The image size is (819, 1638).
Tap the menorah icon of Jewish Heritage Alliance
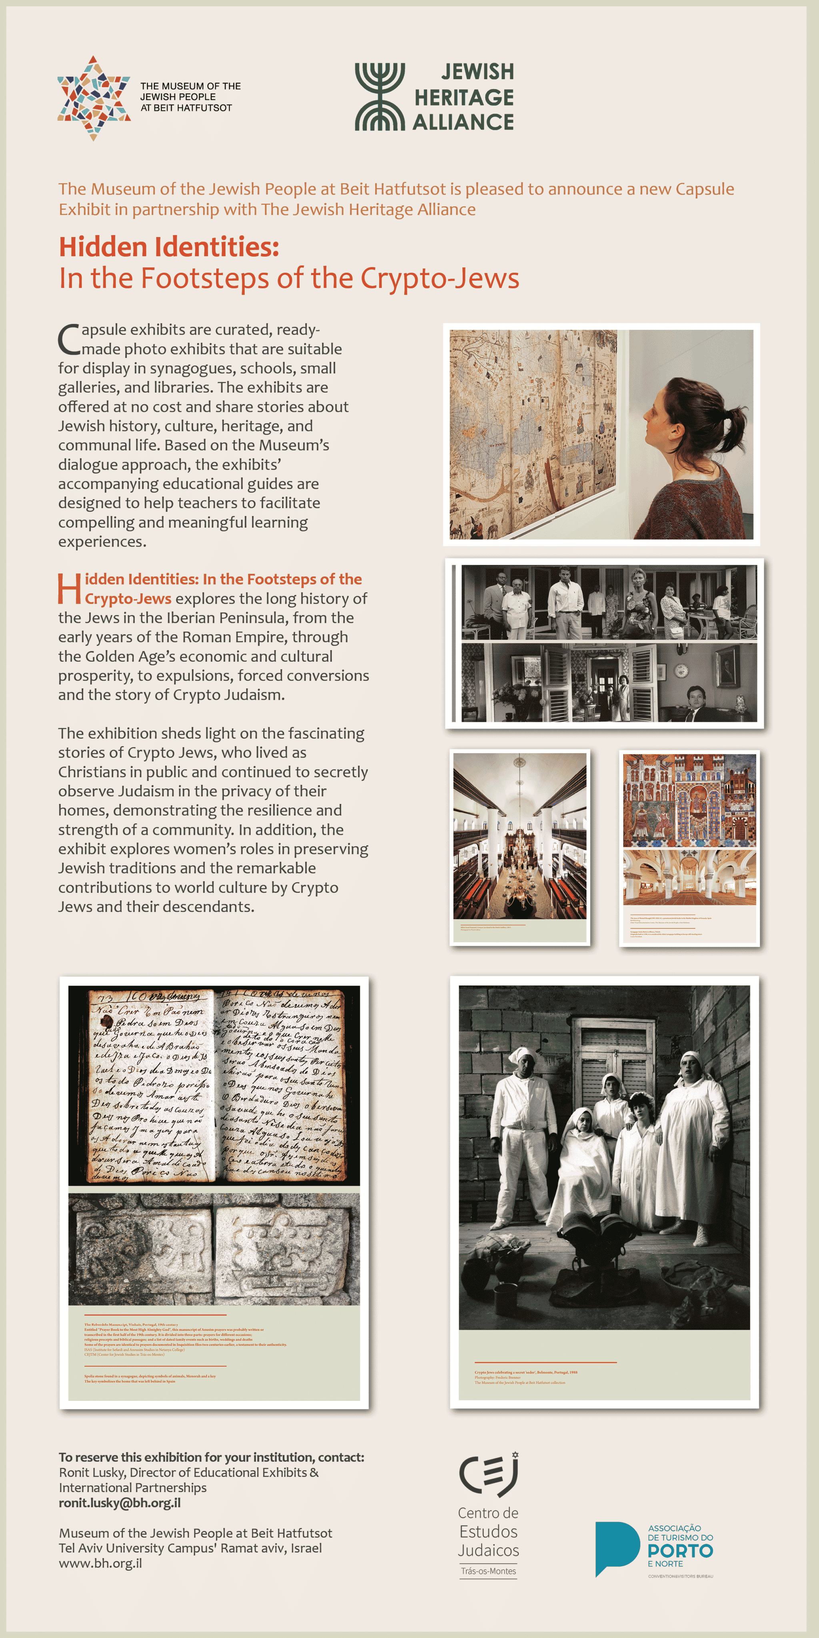coord(380,97)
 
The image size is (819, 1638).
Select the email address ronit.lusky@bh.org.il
coord(120,1502)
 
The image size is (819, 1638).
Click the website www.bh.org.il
coord(100,1563)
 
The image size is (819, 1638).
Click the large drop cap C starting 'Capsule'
coord(69,340)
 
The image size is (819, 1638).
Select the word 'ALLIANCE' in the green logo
coord(463,122)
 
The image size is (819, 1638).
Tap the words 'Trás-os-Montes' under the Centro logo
coord(488,1570)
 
